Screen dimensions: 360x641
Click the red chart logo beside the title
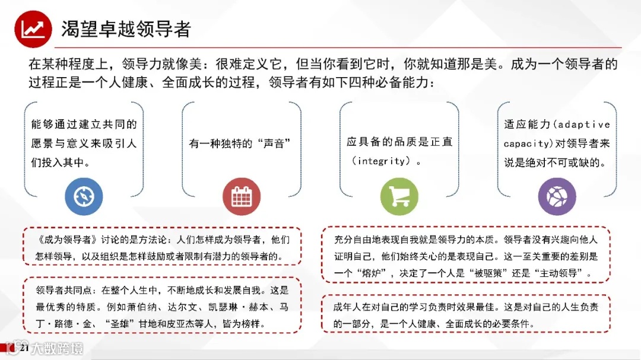(x=33, y=28)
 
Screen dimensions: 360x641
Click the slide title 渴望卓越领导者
(x=126, y=29)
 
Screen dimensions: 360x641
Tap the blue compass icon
(x=84, y=196)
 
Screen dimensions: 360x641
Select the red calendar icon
(x=242, y=196)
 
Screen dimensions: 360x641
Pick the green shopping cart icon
(x=399, y=196)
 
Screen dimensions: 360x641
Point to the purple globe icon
(x=557, y=196)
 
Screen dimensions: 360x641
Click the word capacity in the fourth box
(x=526, y=144)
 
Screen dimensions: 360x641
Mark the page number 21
(x=24, y=348)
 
